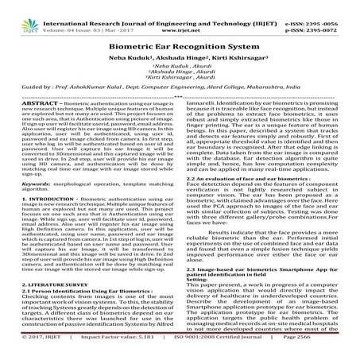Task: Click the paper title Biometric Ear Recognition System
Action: [180, 47]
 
